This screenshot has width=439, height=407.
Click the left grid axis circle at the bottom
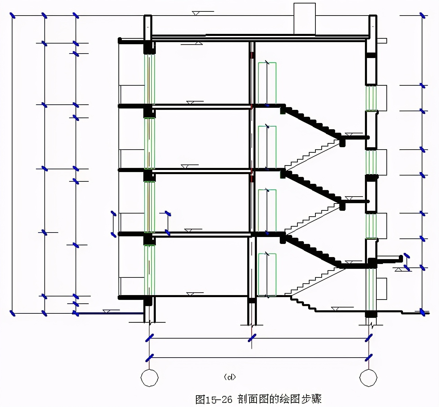[150, 378]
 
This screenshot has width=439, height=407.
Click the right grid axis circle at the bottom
[368, 378]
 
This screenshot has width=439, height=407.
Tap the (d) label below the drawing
[230, 377]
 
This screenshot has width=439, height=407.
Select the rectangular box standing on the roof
[304, 19]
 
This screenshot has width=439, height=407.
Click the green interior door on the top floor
[267, 83]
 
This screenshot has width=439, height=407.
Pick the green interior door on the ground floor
[267, 275]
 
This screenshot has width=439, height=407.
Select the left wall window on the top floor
[149, 79]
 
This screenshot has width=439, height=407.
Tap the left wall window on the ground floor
[149, 270]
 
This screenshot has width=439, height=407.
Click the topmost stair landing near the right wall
[355, 138]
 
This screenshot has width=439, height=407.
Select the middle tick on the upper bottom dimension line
[252, 338]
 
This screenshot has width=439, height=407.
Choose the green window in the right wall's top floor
[371, 98]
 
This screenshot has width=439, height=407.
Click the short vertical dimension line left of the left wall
[113, 224]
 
